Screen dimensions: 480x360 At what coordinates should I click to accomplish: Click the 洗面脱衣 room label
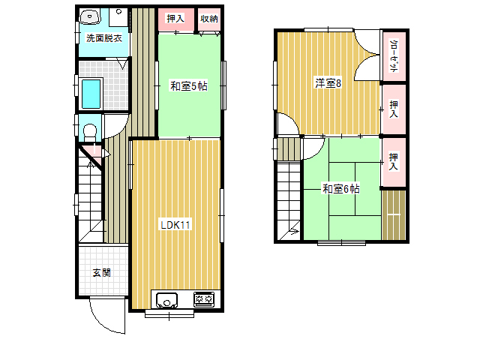pyautogui.click(x=104, y=38)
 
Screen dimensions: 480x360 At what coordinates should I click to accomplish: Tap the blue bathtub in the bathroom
pyautogui.click(x=91, y=94)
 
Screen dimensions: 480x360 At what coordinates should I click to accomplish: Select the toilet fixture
pyautogui.click(x=90, y=132)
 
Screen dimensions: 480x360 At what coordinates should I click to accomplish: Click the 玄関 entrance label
pyautogui.click(x=102, y=272)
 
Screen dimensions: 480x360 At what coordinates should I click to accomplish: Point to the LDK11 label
pyautogui.click(x=175, y=225)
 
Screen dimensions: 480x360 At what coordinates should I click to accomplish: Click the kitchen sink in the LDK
pyautogui.click(x=166, y=300)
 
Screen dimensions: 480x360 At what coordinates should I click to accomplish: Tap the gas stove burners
pyautogui.click(x=204, y=299)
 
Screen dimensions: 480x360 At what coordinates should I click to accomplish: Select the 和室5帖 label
pyautogui.click(x=188, y=85)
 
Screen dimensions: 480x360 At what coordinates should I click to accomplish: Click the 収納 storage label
pyautogui.click(x=209, y=19)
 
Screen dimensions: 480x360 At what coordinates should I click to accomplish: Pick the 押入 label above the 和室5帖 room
pyautogui.click(x=175, y=18)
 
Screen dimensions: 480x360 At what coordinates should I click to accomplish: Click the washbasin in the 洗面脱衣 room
pyautogui.click(x=90, y=16)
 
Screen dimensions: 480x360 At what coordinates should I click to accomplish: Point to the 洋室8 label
pyautogui.click(x=328, y=83)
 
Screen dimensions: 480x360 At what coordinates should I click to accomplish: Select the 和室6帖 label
pyautogui.click(x=341, y=188)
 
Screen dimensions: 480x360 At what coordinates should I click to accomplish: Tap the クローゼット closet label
pyautogui.click(x=394, y=55)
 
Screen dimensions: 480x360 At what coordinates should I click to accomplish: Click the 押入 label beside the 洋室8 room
pyautogui.click(x=394, y=109)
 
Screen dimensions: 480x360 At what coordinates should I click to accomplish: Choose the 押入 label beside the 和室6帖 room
pyautogui.click(x=394, y=162)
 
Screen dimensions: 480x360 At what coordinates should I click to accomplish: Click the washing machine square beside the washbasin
pyautogui.click(x=118, y=17)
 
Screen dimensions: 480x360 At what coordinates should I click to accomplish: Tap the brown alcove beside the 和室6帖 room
pyautogui.click(x=394, y=215)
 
